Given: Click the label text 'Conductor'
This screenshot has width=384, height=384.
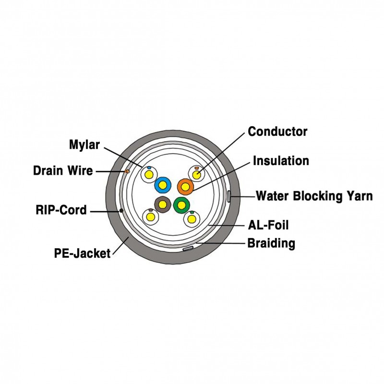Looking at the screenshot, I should coord(277,131).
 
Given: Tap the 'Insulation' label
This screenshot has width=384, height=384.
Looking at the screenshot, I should coord(281,160).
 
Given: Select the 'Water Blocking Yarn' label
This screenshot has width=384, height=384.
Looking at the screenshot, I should coord(314,196).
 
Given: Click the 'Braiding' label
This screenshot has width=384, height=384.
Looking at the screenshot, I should coord(271,243).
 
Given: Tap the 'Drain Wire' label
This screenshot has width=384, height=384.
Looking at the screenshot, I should coord(63,170).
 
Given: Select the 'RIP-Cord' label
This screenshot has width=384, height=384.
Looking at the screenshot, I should coord(61,210).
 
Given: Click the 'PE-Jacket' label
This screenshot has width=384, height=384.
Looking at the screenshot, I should coord(82,252).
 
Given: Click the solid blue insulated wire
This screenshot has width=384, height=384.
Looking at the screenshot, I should coord(163,184).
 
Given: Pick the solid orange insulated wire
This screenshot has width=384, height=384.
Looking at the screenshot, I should coord(185,185).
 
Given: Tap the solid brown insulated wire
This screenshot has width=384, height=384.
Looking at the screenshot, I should coord(162,205).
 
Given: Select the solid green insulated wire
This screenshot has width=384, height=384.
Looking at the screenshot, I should coord(181,206).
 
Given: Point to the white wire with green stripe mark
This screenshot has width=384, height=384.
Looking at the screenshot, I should coord(192,219).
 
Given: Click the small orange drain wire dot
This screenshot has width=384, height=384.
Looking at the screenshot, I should coord(127,171).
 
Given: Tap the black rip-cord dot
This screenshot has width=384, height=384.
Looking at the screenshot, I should coord(121,210).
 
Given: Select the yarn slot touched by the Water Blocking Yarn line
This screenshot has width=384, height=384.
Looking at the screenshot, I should coord(229,196).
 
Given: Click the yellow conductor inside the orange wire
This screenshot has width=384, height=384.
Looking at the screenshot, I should coord(185,185).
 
